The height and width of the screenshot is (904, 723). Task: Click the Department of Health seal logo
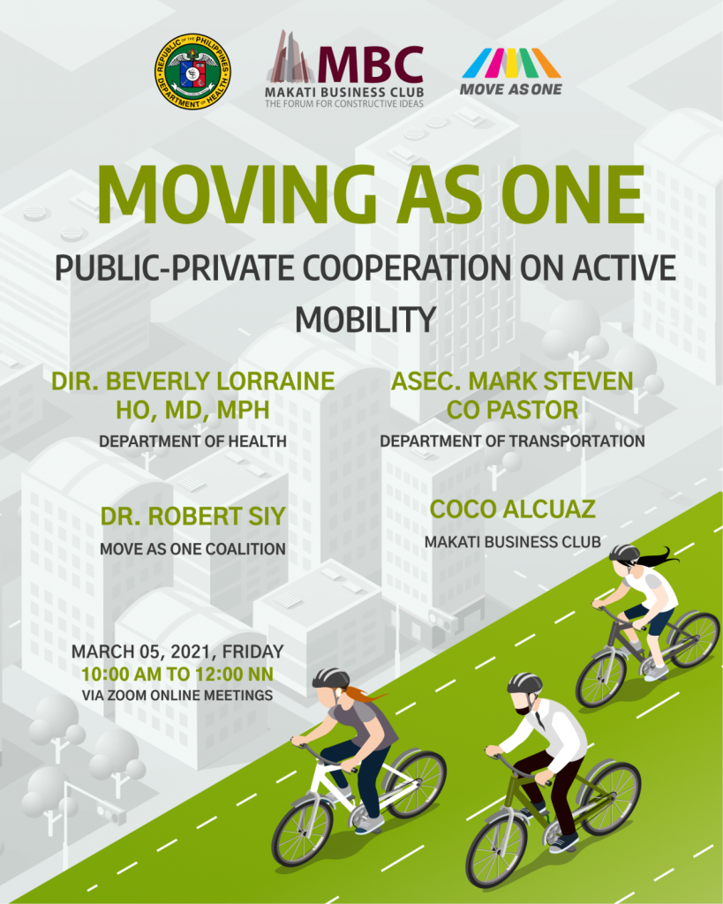click(192, 71)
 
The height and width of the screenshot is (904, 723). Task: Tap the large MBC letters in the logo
click(370, 64)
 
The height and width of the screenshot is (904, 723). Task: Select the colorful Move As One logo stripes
click(511, 63)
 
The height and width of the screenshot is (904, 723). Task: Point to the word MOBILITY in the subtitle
click(365, 320)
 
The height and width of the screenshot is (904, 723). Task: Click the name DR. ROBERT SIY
click(193, 516)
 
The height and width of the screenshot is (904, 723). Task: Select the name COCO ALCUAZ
click(513, 509)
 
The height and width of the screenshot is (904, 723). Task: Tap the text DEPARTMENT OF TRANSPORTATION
click(512, 441)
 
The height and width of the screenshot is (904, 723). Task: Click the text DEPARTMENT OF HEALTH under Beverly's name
click(192, 441)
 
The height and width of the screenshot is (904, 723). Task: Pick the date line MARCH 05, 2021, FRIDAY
click(177, 652)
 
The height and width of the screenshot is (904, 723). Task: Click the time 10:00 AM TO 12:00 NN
click(177, 674)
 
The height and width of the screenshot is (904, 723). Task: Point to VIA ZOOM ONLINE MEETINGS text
click(177, 696)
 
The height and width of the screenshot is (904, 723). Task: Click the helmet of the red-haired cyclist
click(331, 678)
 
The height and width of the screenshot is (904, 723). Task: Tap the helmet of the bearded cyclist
click(524, 683)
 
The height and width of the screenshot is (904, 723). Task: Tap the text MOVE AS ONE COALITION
click(192, 549)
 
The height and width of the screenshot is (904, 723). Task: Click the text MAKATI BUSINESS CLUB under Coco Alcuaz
click(513, 542)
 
